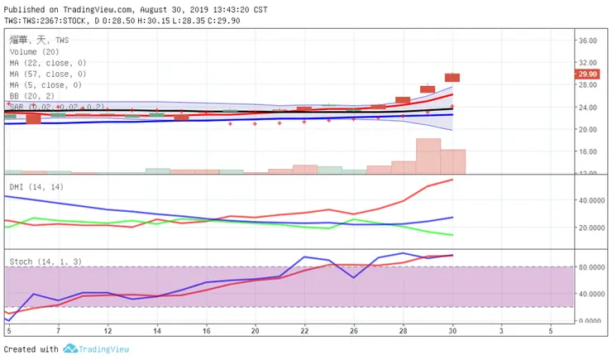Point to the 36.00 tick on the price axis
pyautogui.click(x=587, y=40)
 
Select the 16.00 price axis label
pyautogui.click(x=587, y=151)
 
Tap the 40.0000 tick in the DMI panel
pyautogui.click(x=592, y=200)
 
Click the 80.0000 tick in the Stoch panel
pyautogui.click(x=592, y=267)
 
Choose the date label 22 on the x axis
pyautogui.click(x=304, y=329)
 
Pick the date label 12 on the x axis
pyautogui.click(x=108, y=329)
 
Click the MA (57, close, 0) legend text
pyautogui.click(x=47, y=74)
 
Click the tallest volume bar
pyautogui.click(x=428, y=156)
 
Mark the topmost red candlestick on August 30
pyautogui.click(x=452, y=77)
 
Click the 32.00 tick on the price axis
pyautogui.click(x=587, y=62)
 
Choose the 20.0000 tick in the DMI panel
pyautogui.click(x=592, y=228)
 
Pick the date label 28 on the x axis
pyautogui.click(x=403, y=329)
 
